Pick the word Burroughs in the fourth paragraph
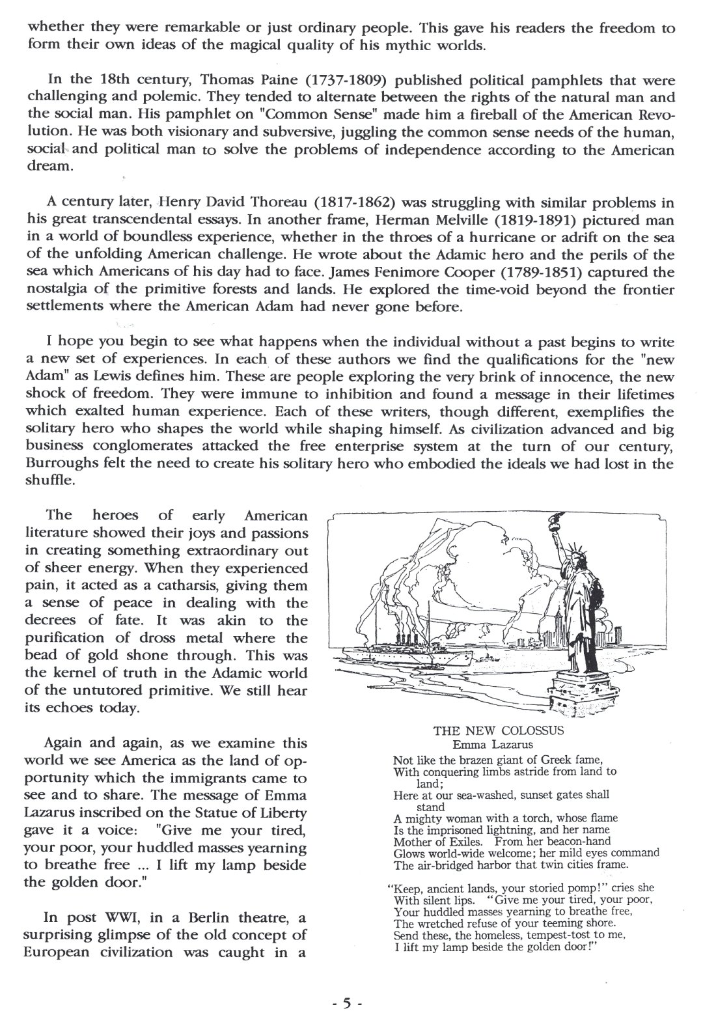pyautogui.click(x=62, y=464)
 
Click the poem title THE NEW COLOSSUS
pyautogui.click(x=499, y=730)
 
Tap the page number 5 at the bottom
pyautogui.click(x=346, y=1003)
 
